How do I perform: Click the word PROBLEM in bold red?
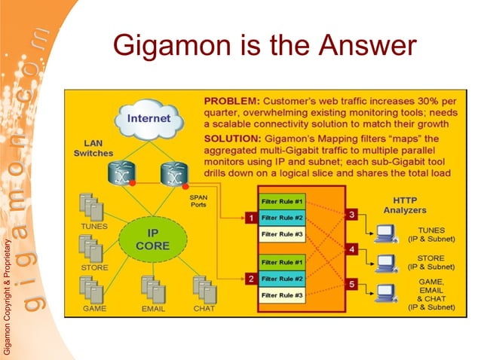coord(231,101)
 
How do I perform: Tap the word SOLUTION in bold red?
coord(232,139)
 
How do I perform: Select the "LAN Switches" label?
coord(93,148)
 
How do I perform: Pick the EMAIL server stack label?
coord(153,308)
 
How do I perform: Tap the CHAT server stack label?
coord(204,308)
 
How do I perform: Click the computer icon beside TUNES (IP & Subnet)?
coord(385,233)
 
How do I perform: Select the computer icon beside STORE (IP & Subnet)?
coord(385,264)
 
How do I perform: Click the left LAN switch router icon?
coord(121,175)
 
